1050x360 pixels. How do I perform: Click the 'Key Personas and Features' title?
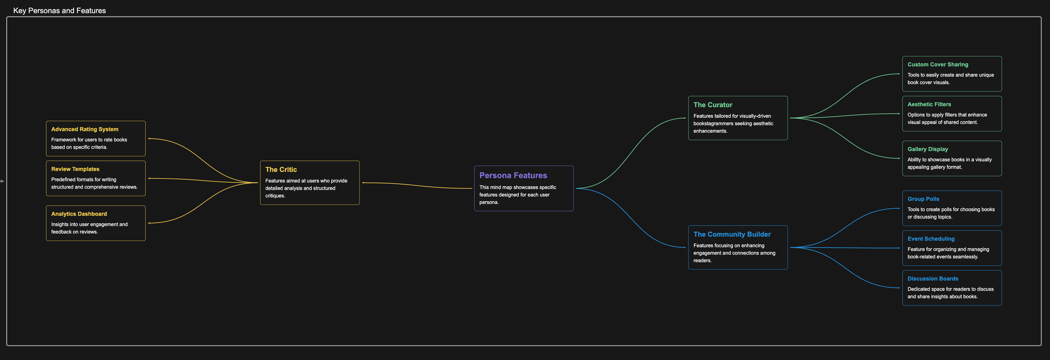pos(59,11)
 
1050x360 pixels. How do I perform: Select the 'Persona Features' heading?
pos(513,176)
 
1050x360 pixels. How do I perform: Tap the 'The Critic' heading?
pos(281,170)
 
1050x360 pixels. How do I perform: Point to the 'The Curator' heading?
pos(712,105)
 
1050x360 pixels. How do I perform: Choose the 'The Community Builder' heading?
pos(732,234)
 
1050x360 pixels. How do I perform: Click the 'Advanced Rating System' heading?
pos(84,129)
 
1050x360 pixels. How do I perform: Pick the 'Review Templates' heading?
pos(75,169)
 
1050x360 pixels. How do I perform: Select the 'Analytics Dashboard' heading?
pos(79,214)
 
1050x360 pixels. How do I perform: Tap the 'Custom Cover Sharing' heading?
pos(937,65)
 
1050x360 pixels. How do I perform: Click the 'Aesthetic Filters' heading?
pos(929,105)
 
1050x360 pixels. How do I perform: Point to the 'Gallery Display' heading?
pos(927,150)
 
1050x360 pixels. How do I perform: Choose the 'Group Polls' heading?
pos(923,199)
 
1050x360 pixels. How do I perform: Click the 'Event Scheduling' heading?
pos(931,239)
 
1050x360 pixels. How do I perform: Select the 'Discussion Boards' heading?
pos(932,279)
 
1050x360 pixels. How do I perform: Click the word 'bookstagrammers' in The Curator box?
pos(712,124)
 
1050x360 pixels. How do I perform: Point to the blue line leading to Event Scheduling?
pos(844,248)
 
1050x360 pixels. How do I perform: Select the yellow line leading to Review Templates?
pos(202,180)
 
